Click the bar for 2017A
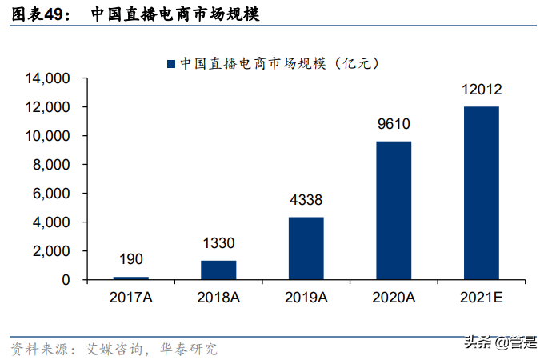131,278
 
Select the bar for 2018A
218,270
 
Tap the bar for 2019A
306,248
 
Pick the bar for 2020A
394,210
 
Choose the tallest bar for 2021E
481,193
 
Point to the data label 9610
394,124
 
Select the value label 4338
306,200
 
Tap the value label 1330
218,243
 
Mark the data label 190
131,259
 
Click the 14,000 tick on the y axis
48,78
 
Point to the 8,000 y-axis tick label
52,165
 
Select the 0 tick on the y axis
67,280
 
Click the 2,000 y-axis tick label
52,251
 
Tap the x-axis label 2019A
306,297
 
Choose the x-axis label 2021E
481,297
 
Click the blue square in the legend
170,62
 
